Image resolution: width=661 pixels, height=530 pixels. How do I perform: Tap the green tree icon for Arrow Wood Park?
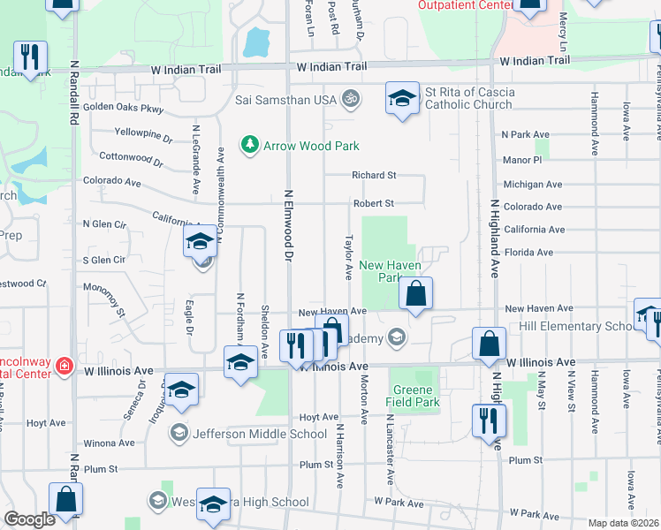[x=251, y=144]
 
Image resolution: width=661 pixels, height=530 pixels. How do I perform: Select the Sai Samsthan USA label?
[x=286, y=100]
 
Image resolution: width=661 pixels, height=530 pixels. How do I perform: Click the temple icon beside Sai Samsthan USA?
[x=350, y=99]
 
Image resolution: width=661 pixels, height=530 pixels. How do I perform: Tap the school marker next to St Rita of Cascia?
[x=402, y=98]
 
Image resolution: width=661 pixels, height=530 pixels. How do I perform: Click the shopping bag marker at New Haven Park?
[x=415, y=293]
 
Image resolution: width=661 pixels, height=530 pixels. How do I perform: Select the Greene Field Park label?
[x=413, y=396]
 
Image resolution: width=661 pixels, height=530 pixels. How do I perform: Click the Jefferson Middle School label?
[x=259, y=434]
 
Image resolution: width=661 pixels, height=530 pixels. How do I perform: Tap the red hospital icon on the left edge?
[x=65, y=366]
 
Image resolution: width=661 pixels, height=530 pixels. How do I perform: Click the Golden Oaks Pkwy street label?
[x=125, y=110]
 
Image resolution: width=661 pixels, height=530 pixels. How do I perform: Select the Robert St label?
[x=372, y=203]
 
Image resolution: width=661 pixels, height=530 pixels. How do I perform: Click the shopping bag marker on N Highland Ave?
[x=489, y=344]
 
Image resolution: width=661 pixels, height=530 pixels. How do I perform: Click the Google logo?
[x=29, y=519]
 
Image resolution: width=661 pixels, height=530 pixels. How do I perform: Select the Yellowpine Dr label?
[x=143, y=135]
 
